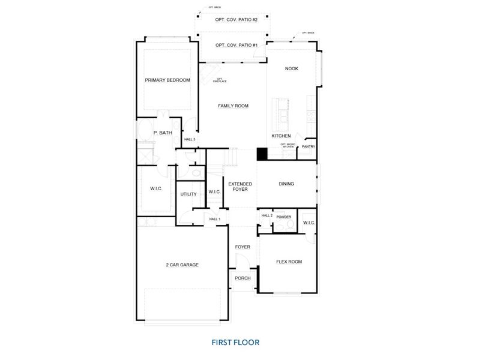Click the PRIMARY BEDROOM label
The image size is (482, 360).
[x=167, y=80]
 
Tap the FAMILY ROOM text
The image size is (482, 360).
[x=233, y=106]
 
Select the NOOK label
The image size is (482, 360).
[x=291, y=68]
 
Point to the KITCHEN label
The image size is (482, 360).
[x=281, y=136]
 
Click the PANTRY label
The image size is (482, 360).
[x=309, y=146]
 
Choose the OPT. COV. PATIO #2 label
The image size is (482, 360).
[x=236, y=20]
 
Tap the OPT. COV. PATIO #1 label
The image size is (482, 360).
[x=236, y=45]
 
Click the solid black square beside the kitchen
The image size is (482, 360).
[x=262, y=154]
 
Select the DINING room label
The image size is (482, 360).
[x=286, y=184]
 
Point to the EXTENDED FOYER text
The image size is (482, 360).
[x=240, y=187]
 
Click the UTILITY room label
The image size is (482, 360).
[x=188, y=194]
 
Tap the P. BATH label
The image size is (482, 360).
[x=163, y=133]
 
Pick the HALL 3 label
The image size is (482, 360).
[x=190, y=139]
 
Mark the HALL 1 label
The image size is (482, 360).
[x=215, y=219]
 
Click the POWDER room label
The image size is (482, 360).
[x=284, y=217]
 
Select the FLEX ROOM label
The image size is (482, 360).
[x=288, y=262]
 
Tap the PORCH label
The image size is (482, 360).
[x=243, y=278]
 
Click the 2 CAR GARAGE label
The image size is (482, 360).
[x=182, y=265]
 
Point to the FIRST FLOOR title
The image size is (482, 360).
[x=235, y=343]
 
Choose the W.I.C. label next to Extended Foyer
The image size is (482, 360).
[x=215, y=191]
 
